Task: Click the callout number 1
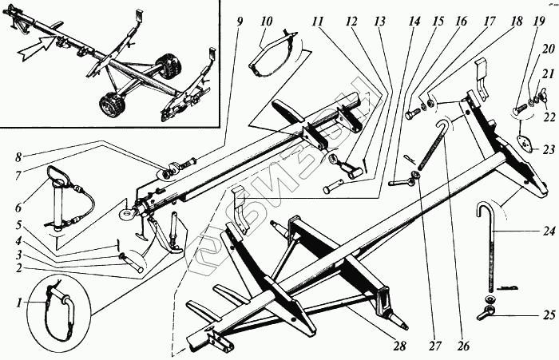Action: [20, 302]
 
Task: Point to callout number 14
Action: [412, 21]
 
